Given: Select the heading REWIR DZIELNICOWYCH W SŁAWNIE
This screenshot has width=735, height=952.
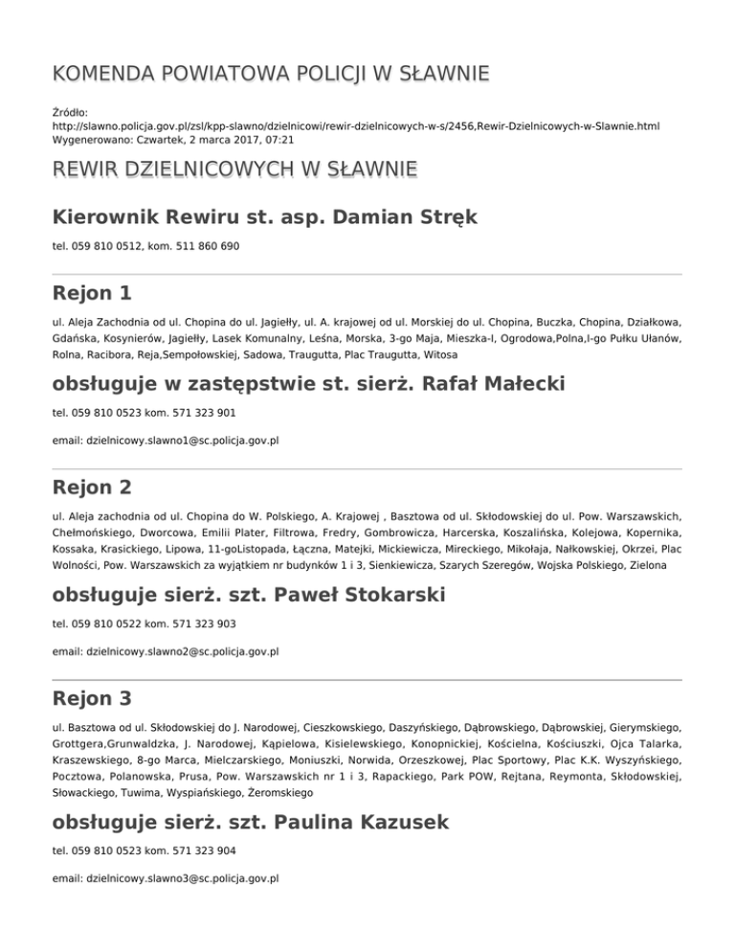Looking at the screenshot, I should click(x=234, y=170).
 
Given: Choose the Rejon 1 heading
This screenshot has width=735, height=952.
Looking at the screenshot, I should click(x=92, y=291).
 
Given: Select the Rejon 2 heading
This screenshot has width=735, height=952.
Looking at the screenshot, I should click(x=93, y=487).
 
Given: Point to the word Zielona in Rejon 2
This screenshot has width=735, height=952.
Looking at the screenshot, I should click(x=660, y=567).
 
